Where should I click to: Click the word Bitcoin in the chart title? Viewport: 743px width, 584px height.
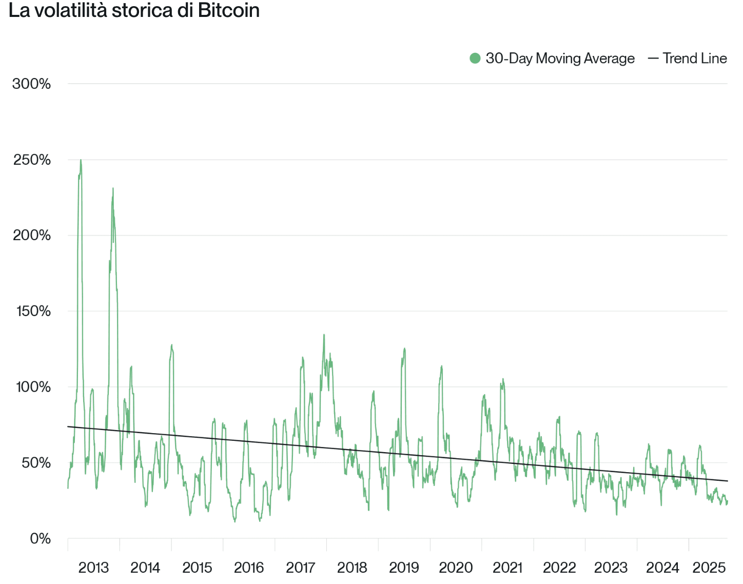(x=229, y=10)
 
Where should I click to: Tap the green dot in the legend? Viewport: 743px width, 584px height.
(x=475, y=59)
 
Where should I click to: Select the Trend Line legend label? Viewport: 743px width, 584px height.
(x=694, y=59)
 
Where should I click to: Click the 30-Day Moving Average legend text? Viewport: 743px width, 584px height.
(x=560, y=59)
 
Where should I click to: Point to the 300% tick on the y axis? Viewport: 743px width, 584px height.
(x=32, y=84)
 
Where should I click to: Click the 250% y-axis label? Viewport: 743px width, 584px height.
(x=32, y=160)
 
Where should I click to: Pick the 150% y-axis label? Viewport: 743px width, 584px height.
(x=33, y=311)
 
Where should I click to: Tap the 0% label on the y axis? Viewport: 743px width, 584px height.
(x=40, y=538)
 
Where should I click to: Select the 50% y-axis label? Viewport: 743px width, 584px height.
(x=36, y=463)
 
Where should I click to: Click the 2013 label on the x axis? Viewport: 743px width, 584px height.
(x=93, y=568)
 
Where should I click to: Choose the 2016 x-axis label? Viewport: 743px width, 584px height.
(x=249, y=568)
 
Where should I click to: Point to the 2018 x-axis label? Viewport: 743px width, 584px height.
(x=352, y=568)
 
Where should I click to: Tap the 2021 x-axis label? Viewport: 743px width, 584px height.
(x=507, y=568)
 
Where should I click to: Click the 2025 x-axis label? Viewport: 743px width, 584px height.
(x=709, y=568)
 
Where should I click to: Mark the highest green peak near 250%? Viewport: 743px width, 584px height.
(x=81, y=160)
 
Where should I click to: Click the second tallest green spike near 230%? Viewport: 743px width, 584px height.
(x=113, y=188)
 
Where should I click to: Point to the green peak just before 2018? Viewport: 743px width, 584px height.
(x=324, y=335)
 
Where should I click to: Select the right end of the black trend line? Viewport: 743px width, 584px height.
(x=727, y=481)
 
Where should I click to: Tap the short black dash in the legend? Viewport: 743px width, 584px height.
(x=653, y=59)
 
